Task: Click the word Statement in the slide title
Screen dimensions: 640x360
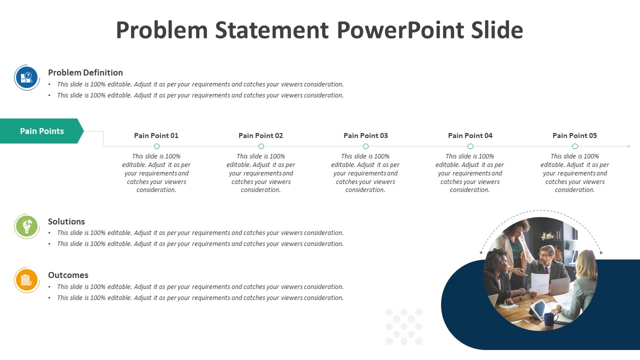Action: pyautogui.click(x=271, y=30)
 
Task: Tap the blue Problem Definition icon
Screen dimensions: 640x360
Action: pyautogui.click(x=27, y=77)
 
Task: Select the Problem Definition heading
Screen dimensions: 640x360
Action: pyautogui.click(x=85, y=72)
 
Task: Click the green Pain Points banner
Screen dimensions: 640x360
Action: pyautogui.click(x=41, y=131)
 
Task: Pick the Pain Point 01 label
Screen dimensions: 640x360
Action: pyautogui.click(x=156, y=135)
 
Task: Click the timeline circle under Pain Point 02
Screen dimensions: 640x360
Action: pyautogui.click(x=261, y=146)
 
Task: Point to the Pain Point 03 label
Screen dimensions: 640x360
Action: pyautogui.click(x=365, y=135)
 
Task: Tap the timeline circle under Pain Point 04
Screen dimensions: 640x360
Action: pyautogui.click(x=470, y=146)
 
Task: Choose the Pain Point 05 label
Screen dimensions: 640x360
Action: pyautogui.click(x=575, y=135)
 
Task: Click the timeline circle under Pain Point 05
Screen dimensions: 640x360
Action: pyautogui.click(x=575, y=146)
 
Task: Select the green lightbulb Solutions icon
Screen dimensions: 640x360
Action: pyautogui.click(x=27, y=226)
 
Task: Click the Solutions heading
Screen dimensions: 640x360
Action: pyautogui.click(x=66, y=221)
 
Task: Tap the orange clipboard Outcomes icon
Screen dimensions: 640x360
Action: pyautogui.click(x=27, y=280)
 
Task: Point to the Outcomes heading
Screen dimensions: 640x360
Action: pyautogui.click(x=68, y=275)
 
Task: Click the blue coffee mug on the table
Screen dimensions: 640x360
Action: pyautogui.click(x=549, y=319)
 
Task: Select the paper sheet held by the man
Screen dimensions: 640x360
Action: pyautogui.click(x=539, y=283)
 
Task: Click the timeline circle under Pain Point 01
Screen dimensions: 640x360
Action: pyautogui.click(x=156, y=146)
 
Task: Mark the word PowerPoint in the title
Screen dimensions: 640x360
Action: pyautogui.click(x=400, y=30)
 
